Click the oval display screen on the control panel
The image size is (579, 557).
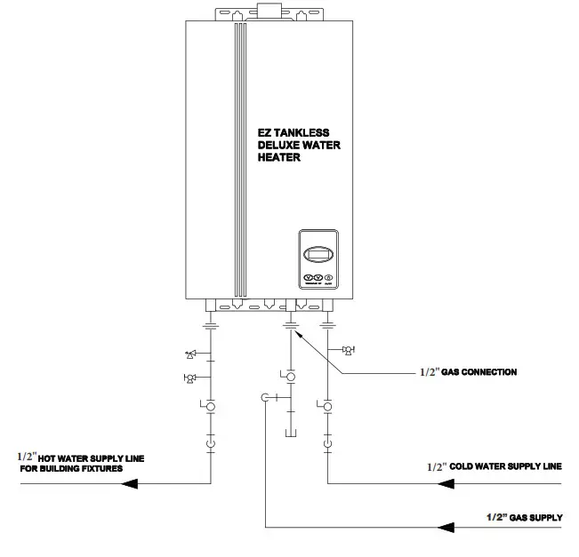(x=318, y=255)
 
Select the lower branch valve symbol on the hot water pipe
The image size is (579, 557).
(x=189, y=379)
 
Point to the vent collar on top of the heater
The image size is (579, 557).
(x=266, y=10)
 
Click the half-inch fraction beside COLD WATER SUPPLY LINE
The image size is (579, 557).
(x=436, y=465)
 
